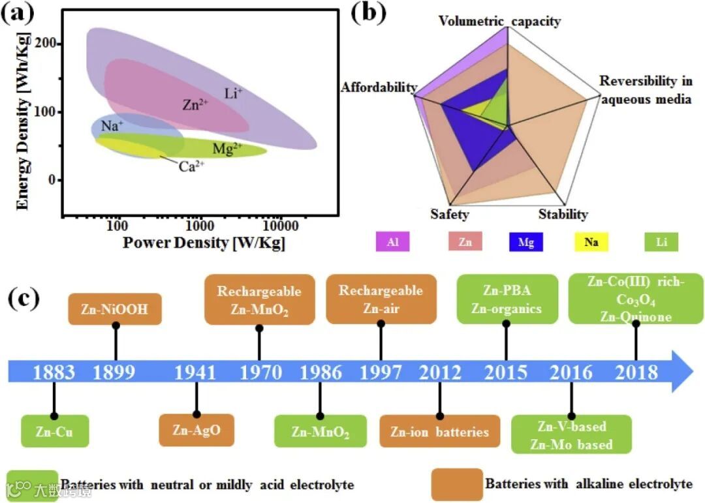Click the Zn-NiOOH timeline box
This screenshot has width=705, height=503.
click(114, 309)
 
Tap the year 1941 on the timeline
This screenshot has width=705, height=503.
click(195, 372)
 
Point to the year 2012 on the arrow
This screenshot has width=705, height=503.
click(440, 372)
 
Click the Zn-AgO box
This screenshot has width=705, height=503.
click(196, 430)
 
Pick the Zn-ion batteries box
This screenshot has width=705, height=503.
click(440, 431)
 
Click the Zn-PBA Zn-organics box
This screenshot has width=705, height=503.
click(507, 299)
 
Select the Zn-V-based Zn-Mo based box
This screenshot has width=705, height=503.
click(572, 435)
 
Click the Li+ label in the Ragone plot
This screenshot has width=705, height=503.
click(233, 94)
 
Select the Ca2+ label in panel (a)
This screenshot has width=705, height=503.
click(191, 166)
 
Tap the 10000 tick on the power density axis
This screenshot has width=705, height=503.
click(282, 226)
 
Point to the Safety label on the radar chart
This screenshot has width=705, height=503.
click(450, 214)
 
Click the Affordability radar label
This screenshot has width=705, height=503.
click(379, 87)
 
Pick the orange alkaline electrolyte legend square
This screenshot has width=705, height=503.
click(457, 484)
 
